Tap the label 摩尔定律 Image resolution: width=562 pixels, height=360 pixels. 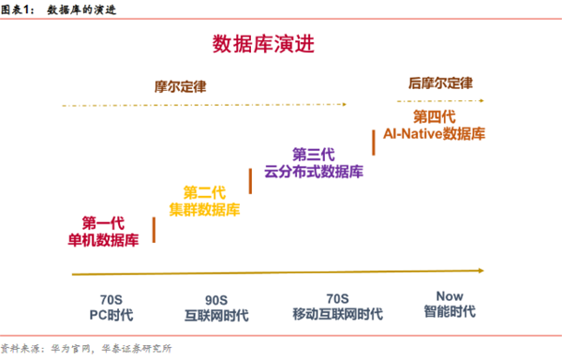pyautogui.click(x=180, y=86)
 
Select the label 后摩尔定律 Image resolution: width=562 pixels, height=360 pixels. pyautogui.click(x=439, y=82)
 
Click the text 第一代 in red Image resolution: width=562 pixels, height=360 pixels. pyautogui.click(x=104, y=223)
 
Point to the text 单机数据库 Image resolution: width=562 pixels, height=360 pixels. pyautogui.click(x=104, y=240)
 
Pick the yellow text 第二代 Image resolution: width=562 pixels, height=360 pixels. pyautogui.click(x=204, y=192)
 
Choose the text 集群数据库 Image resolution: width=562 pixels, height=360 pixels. pyautogui.click(x=204, y=209)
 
